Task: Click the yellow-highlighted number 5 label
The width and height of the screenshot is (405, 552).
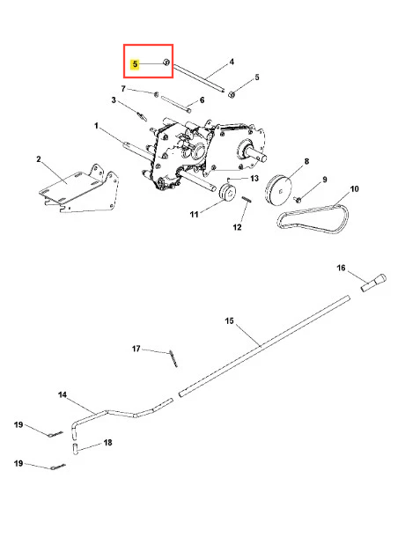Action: [x=135, y=64]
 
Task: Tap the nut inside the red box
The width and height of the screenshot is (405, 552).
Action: [x=166, y=63]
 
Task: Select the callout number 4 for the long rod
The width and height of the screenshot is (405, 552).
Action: [x=232, y=62]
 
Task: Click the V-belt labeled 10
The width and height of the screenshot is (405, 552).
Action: [x=313, y=218]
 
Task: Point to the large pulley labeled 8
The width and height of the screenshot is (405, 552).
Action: [x=279, y=190]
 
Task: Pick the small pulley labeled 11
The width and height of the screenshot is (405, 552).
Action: [x=227, y=194]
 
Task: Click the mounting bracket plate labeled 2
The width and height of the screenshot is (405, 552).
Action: [x=79, y=190]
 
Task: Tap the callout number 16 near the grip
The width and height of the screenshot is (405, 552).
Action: [x=341, y=268]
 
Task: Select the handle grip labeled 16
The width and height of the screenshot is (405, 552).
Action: [x=373, y=283]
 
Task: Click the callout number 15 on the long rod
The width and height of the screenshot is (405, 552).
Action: [x=229, y=321]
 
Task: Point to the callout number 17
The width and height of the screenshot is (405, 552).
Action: [x=136, y=349]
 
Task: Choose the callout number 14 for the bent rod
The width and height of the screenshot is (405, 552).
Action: [x=63, y=394]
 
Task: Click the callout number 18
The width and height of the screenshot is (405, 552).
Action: [x=107, y=443]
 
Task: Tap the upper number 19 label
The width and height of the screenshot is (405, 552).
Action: [x=18, y=425]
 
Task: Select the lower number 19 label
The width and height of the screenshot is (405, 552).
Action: [x=18, y=464]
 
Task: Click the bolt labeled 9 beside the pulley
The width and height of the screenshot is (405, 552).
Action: [x=298, y=200]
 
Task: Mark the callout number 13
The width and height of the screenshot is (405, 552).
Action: [x=254, y=179]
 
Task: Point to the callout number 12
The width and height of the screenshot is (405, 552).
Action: [x=238, y=227]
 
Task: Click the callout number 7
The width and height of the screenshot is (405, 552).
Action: [x=123, y=89]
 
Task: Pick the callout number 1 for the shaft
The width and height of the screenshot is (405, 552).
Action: [x=96, y=126]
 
